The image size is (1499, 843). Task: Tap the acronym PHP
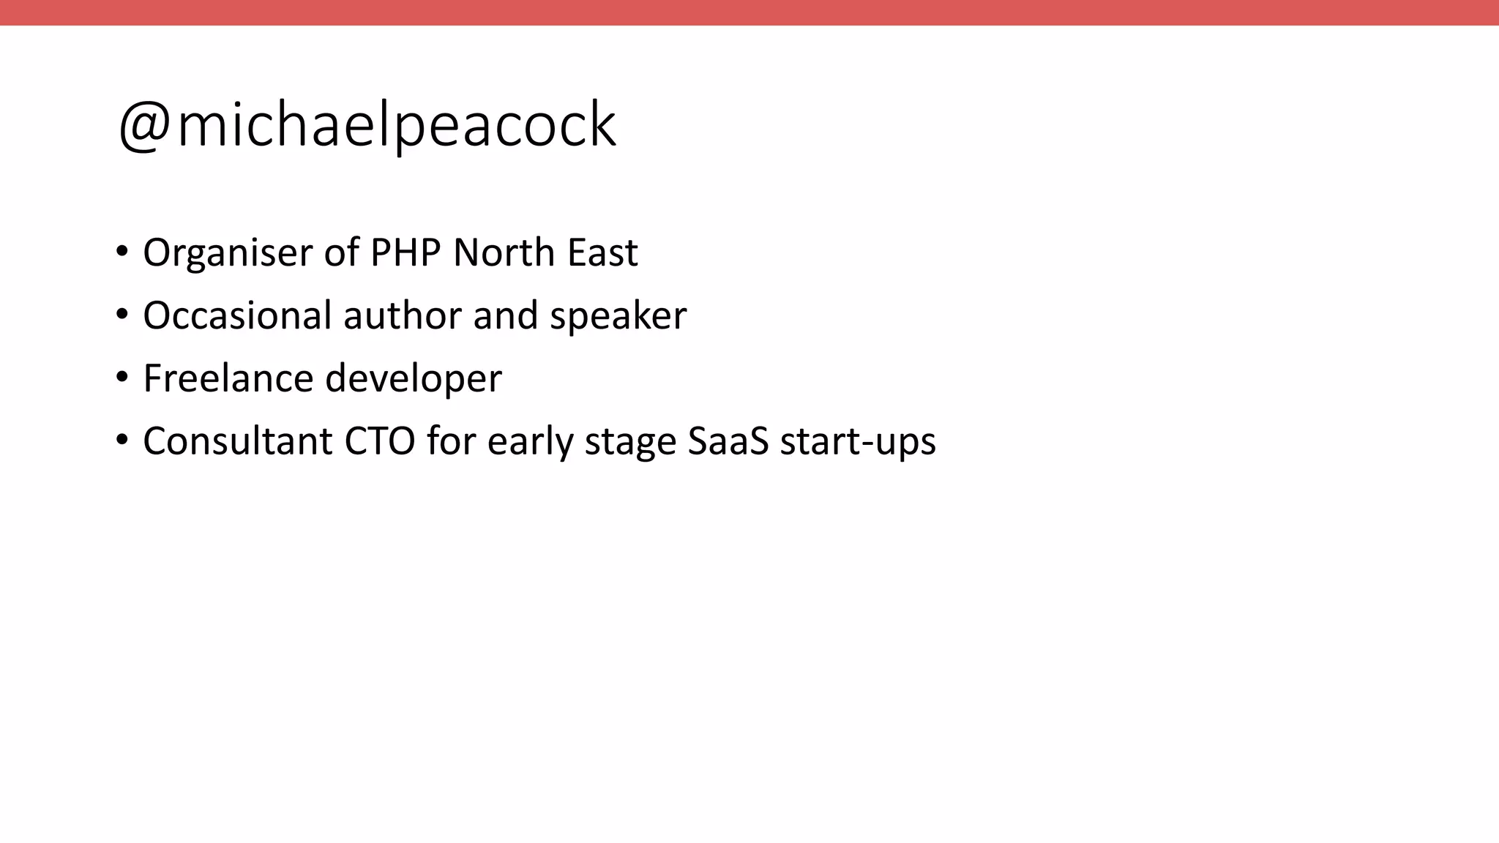pos(405,252)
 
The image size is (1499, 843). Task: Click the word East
pos(602,252)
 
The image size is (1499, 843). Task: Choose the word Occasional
pos(237,315)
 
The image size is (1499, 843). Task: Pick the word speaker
pos(618,317)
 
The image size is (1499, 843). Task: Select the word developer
pos(413,380)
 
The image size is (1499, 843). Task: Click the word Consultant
pos(237,441)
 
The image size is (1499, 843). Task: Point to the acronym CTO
pos(379,441)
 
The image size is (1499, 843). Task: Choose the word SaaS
pos(728,441)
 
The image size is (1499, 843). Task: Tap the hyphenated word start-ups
pos(858,443)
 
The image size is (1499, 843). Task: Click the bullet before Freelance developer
pos(122,378)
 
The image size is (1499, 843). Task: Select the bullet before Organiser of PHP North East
pos(122,252)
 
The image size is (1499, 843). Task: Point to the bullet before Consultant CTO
pos(122,441)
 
